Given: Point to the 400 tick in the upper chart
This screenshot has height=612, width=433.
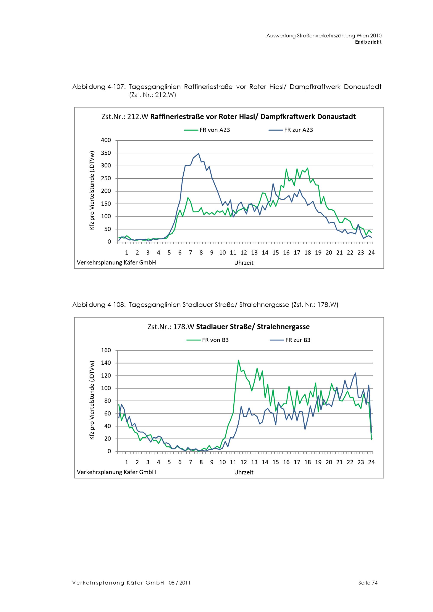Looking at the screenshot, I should [106, 140].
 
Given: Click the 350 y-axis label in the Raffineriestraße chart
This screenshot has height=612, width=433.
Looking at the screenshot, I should [106, 153].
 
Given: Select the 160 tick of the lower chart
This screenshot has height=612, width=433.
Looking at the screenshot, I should [106, 350].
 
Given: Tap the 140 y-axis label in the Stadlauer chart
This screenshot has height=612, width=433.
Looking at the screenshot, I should [106, 363].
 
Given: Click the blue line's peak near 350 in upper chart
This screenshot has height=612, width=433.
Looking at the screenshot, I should [199, 154].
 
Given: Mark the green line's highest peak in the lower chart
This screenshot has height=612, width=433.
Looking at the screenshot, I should [238, 360].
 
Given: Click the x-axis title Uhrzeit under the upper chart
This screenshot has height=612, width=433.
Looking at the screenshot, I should [244, 263].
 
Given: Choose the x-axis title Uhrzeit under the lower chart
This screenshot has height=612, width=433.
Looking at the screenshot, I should [244, 472].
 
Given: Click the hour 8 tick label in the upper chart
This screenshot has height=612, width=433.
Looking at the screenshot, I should [201, 253].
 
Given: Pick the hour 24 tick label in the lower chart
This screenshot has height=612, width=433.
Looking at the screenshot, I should [371, 462].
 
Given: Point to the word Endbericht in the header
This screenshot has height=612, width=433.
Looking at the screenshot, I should [368, 42].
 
